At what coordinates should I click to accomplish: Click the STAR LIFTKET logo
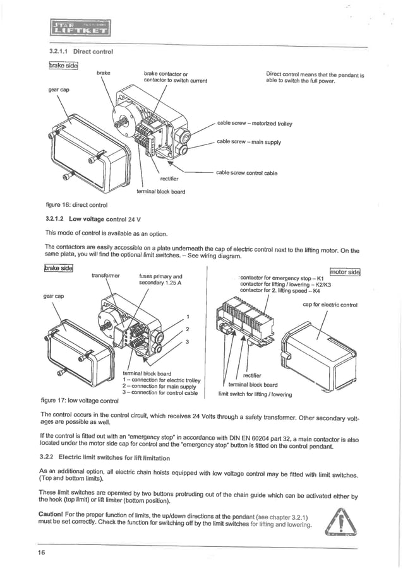click(78, 28)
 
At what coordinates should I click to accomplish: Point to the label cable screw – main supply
click(248, 142)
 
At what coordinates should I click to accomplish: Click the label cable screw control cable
click(246, 173)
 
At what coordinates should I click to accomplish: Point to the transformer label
click(105, 276)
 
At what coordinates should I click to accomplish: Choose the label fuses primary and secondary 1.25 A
click(160, 279)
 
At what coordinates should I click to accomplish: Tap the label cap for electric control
click(330, 305)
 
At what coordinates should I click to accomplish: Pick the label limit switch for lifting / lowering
click(255, 394)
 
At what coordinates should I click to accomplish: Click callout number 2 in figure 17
click(187, 329)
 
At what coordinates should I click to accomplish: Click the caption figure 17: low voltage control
click(79, 401)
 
